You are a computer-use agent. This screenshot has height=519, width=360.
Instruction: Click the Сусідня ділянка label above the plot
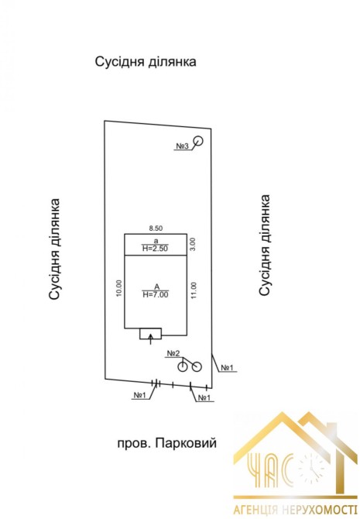pos(146,61)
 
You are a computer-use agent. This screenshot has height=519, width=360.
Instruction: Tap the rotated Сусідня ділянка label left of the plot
pos(55,249)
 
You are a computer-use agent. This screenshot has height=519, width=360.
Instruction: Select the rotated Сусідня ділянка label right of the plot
pos(265,246)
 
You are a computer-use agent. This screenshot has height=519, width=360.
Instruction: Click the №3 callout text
pos(182,146)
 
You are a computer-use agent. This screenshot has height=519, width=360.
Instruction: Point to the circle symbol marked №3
pos(198,141)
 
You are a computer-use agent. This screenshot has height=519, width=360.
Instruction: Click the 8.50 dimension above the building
pos(156,228)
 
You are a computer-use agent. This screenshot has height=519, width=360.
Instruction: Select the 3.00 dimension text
pos(194,244)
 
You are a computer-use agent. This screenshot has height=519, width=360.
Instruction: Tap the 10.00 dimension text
pos(119,288)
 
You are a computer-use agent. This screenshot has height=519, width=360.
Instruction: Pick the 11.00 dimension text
pos(194,290)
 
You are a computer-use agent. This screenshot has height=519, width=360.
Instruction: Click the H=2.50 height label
pos(155,249)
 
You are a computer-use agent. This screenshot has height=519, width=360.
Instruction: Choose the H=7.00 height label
pos(155,294)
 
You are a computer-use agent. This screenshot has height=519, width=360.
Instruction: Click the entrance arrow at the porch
pos(151,339)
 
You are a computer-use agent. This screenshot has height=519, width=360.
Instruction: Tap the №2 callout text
pos(173,353)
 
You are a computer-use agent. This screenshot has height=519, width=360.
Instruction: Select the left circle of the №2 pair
pos(182,366)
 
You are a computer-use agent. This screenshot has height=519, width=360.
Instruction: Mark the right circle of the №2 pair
pos(197,366)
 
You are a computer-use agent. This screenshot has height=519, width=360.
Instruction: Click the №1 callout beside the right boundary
pos(228,367)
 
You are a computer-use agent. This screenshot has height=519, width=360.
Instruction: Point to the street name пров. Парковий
pos(167,443)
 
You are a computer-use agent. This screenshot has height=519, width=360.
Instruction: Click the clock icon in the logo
pos(310,467)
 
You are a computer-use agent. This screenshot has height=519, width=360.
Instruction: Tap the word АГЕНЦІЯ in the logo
pos(255,509)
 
